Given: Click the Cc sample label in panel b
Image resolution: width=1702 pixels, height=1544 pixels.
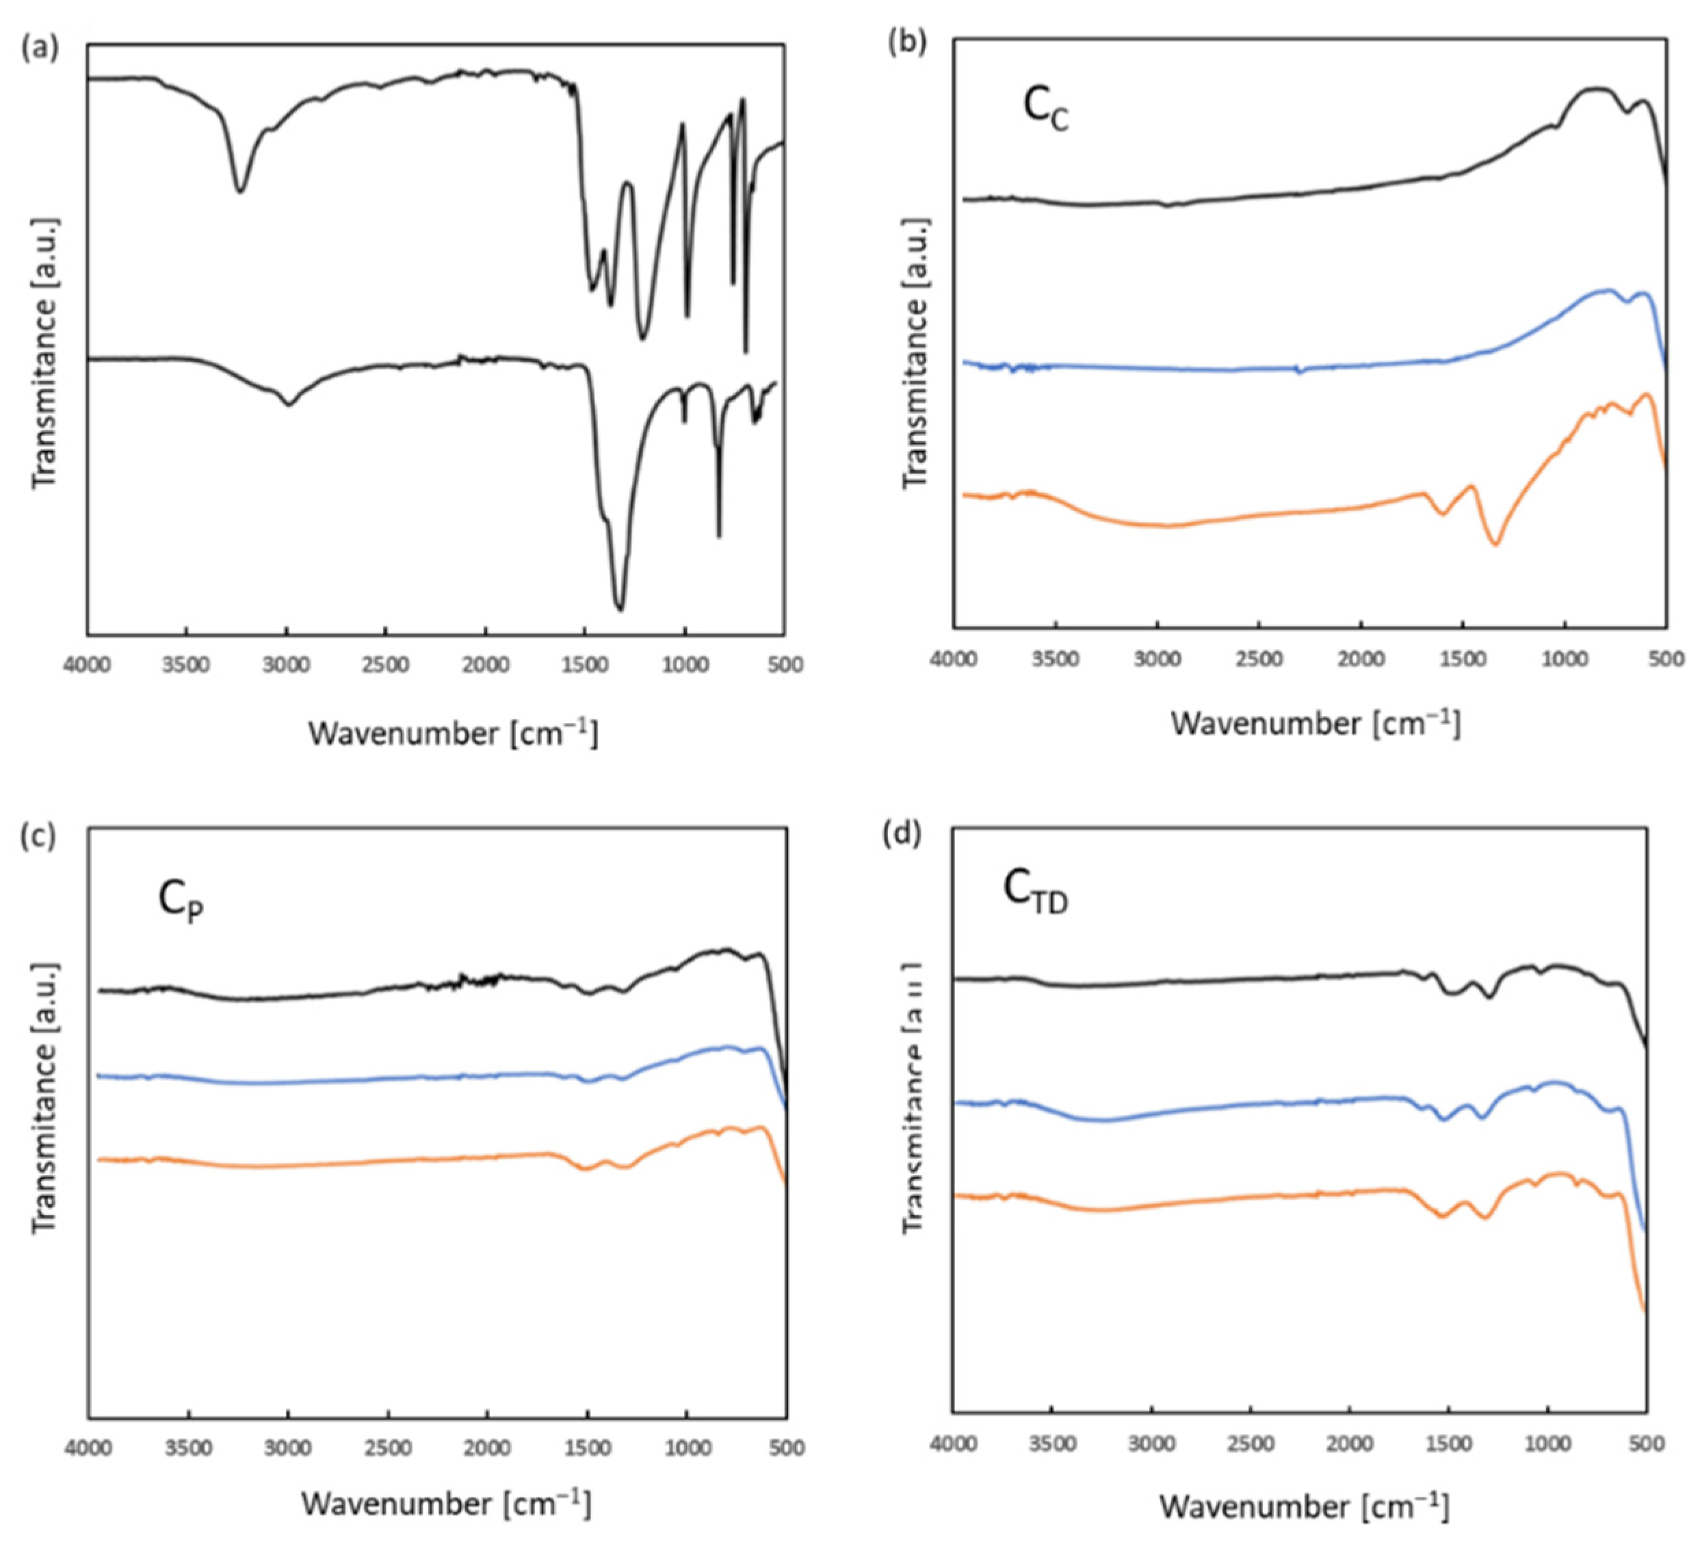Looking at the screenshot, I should pos(1045,111).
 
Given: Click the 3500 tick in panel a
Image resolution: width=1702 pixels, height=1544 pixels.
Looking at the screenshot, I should pos(187,665).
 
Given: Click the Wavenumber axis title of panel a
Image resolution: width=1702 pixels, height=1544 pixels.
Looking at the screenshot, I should pos(452,733).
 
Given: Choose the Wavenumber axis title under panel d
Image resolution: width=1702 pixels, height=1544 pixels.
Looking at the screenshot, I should pos(1303,1505).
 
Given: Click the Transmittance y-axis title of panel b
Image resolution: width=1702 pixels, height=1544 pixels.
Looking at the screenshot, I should pos(915,352).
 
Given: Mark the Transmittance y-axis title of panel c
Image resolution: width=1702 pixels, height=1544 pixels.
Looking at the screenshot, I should pos(44,1096).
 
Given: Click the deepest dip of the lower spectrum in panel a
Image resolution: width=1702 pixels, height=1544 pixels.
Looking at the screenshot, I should pos(620,607).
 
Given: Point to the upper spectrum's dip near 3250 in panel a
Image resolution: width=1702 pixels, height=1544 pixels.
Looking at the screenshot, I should pos(241,191).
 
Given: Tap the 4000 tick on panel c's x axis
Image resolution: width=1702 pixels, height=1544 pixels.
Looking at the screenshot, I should pos(89,1449).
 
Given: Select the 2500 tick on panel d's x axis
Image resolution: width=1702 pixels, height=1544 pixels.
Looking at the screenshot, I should pos(1251,1445).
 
